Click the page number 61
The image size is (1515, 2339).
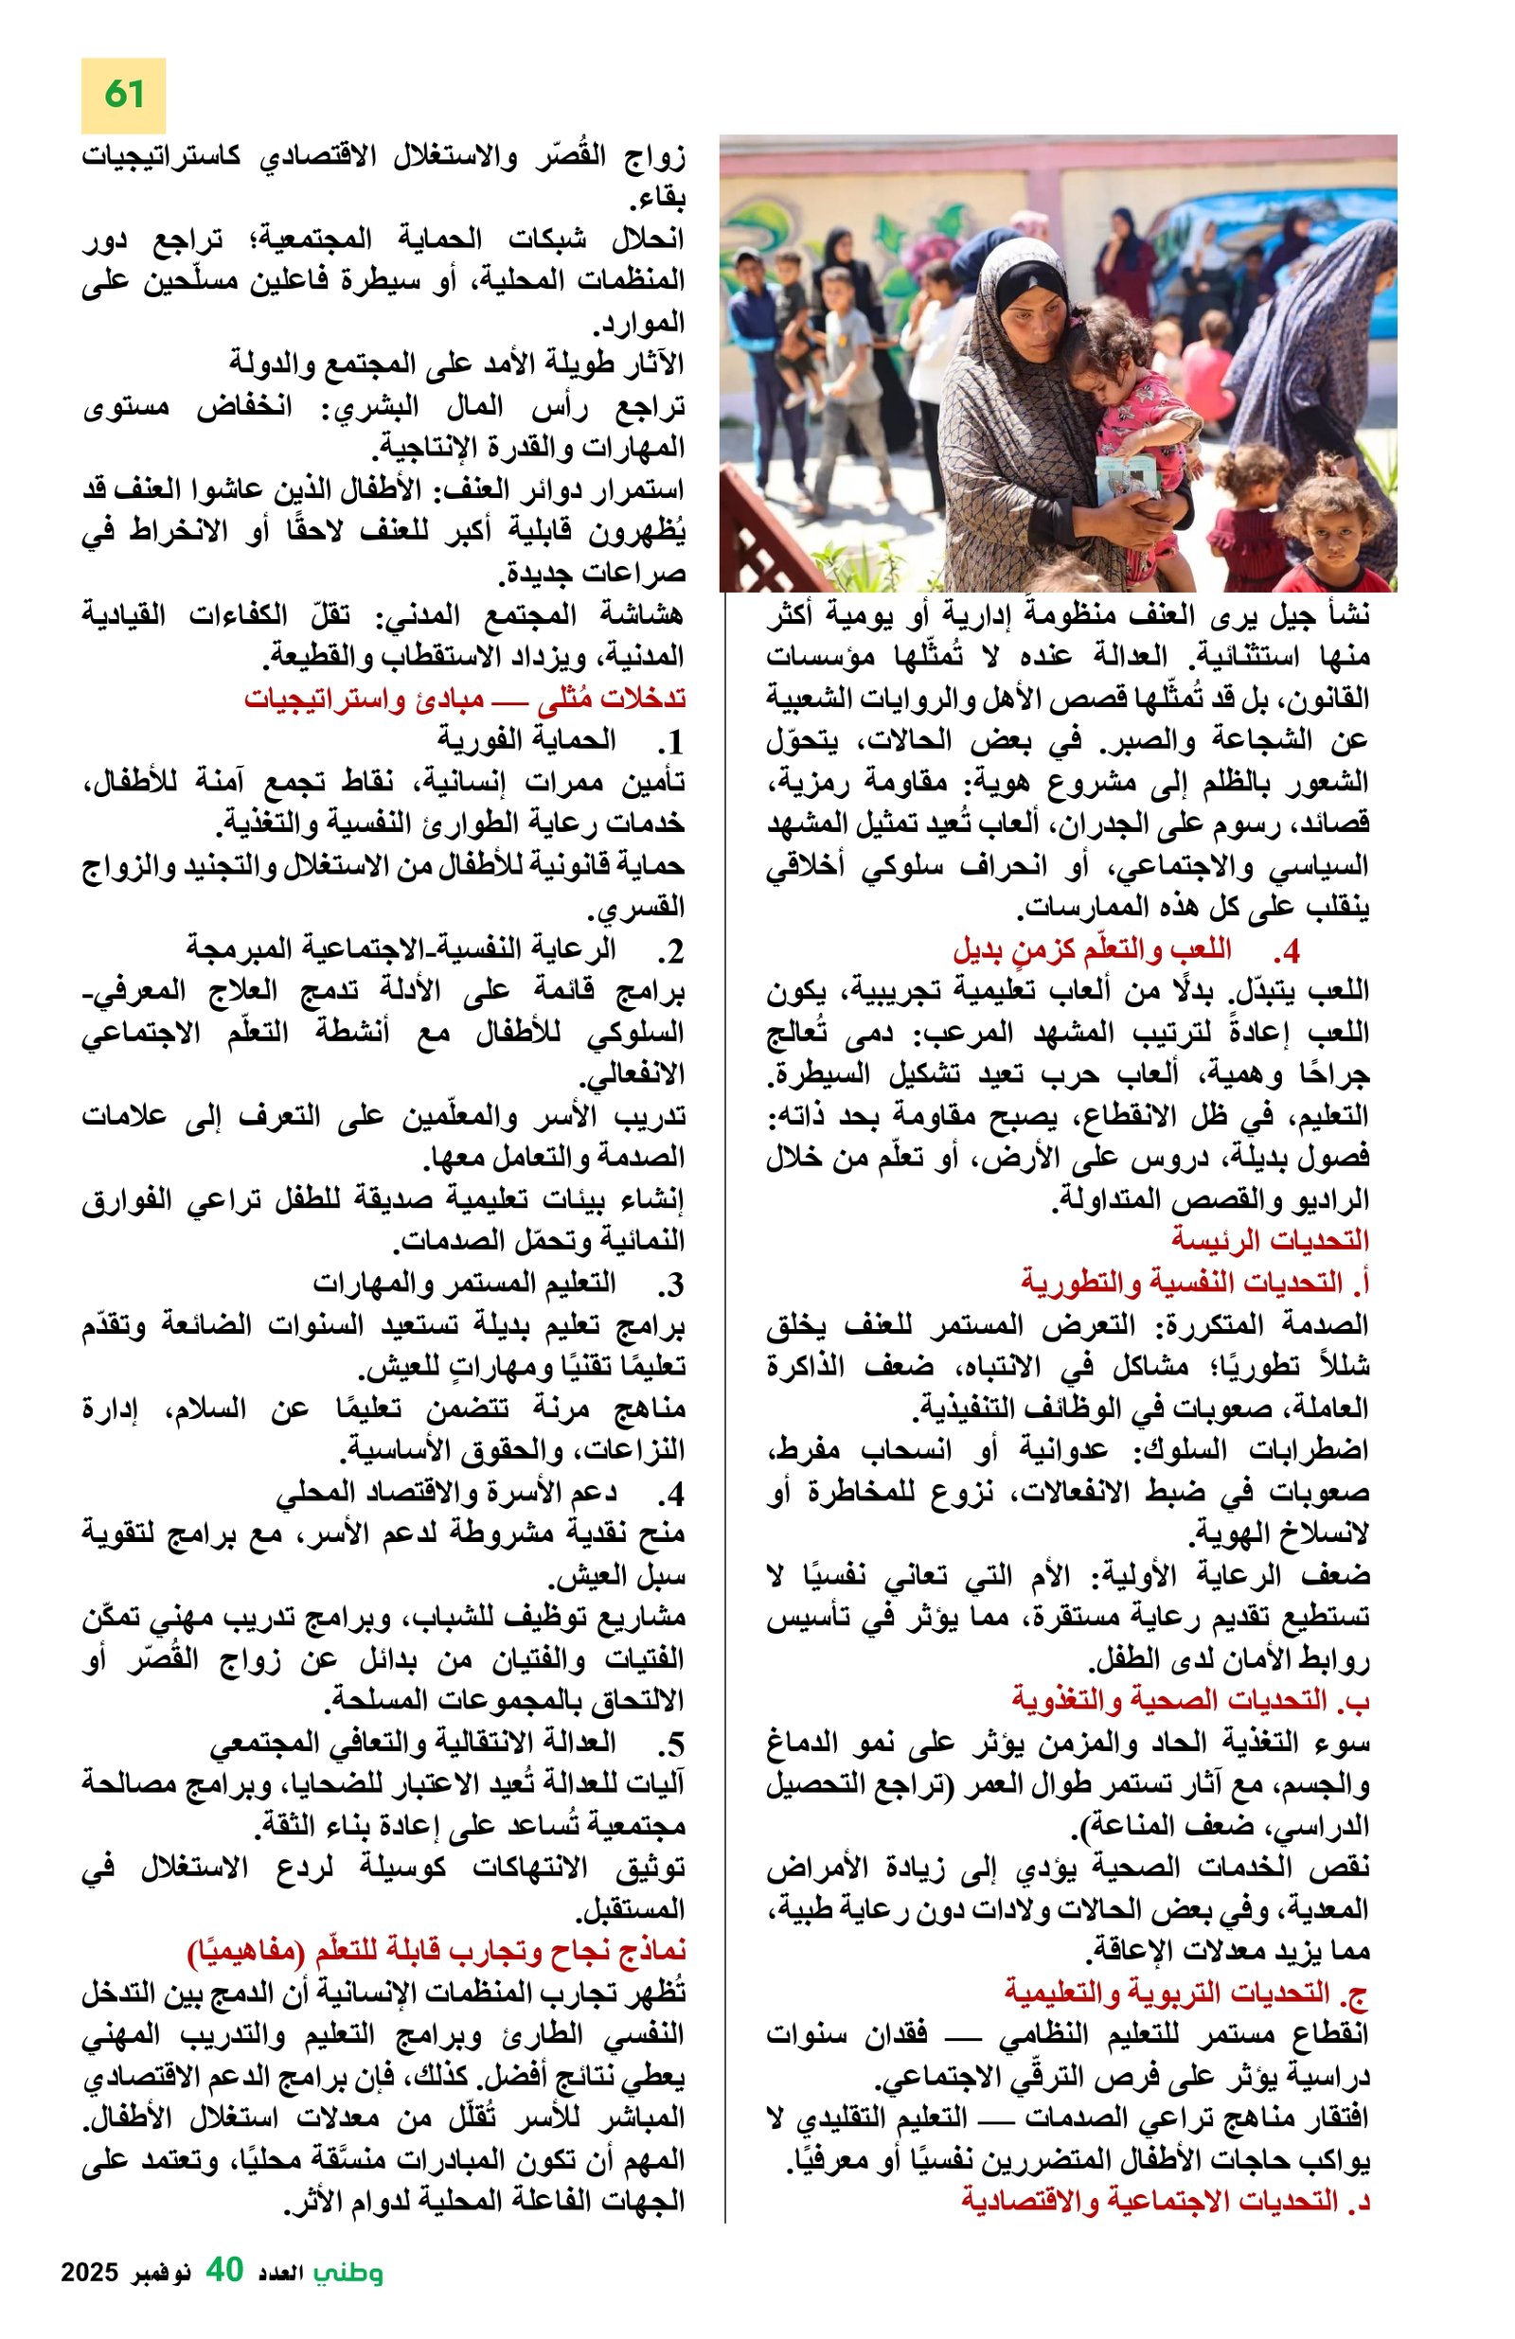[124, 96]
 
